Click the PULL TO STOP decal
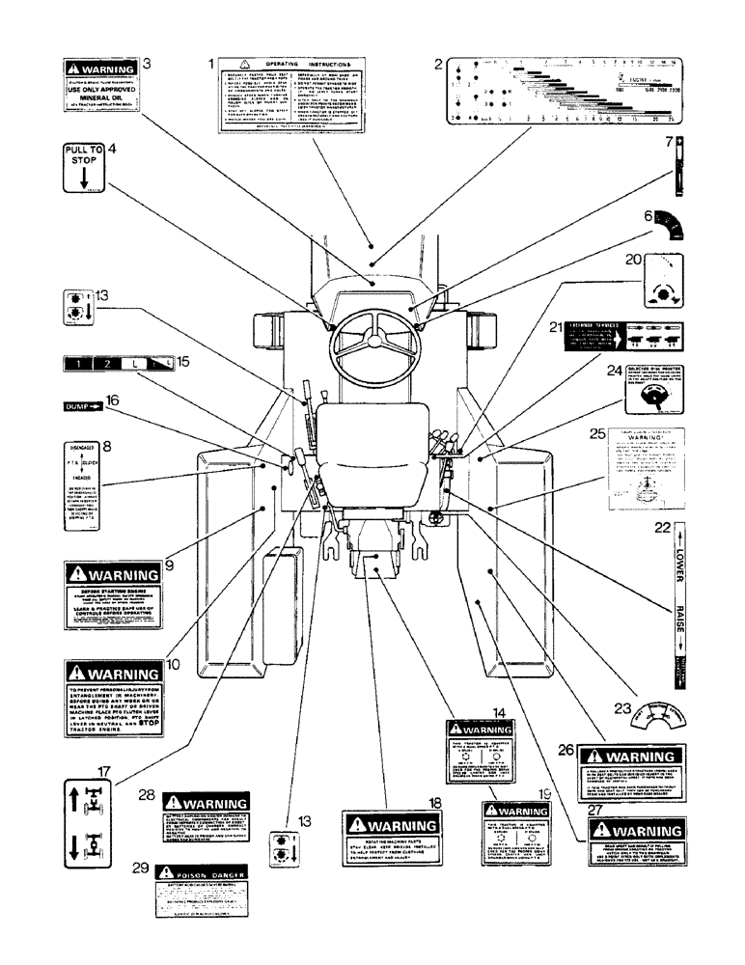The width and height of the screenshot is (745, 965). point(84,169)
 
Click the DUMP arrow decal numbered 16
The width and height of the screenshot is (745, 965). point(81,406)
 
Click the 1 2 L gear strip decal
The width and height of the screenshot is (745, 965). point(115,364)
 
